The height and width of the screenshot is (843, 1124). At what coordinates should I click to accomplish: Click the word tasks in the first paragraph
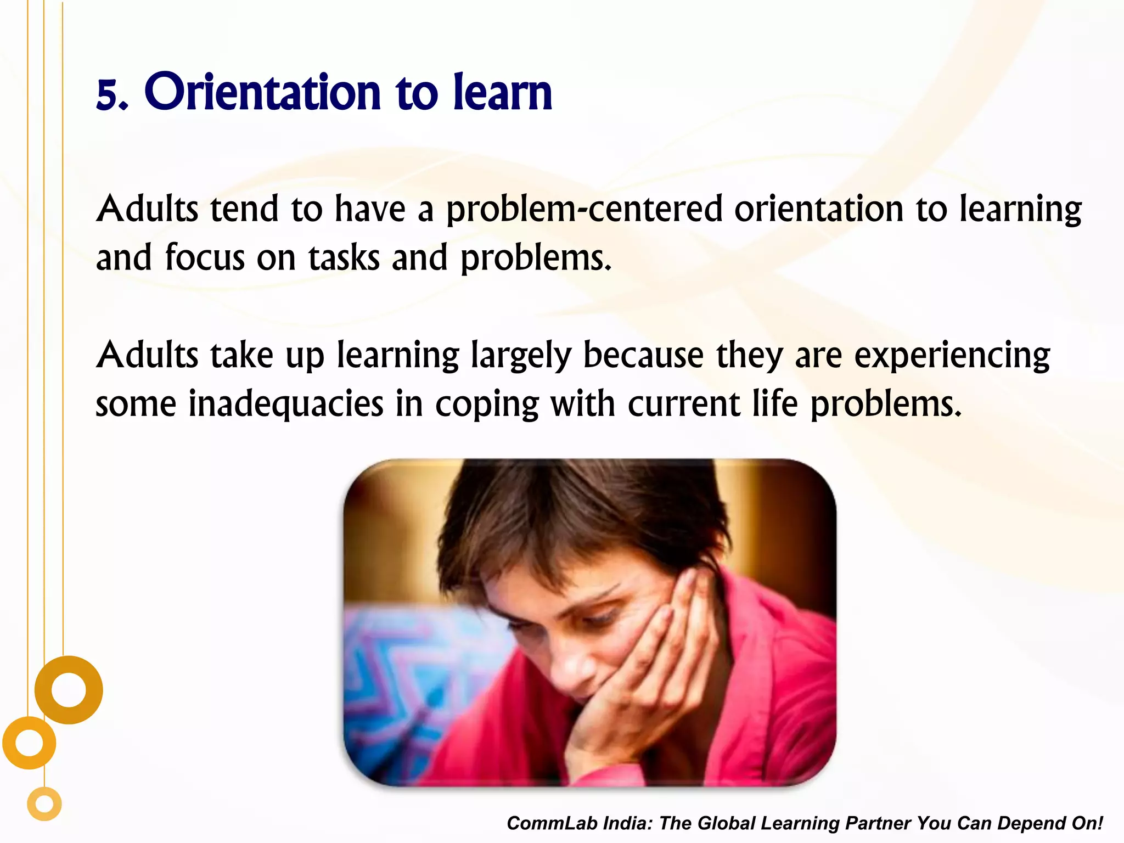coord(344,258)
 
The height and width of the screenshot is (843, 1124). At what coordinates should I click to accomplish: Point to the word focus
coord(204,258)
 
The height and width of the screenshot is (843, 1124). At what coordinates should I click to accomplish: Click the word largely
coord(521,356)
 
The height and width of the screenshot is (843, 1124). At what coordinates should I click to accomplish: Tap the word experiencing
coord(952,356)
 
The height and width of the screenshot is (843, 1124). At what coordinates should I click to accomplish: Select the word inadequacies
coord(285,404)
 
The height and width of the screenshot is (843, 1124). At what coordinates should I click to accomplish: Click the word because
coord(643,356)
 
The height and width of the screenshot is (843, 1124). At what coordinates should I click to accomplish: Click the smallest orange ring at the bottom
coord(44,805)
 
